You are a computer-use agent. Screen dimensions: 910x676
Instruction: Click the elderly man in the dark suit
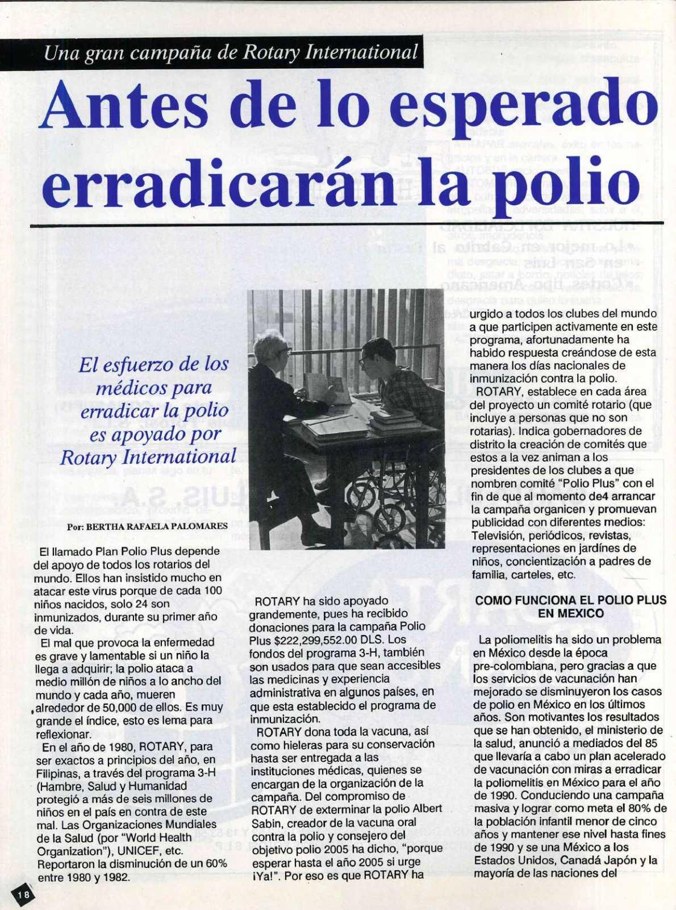279,409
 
